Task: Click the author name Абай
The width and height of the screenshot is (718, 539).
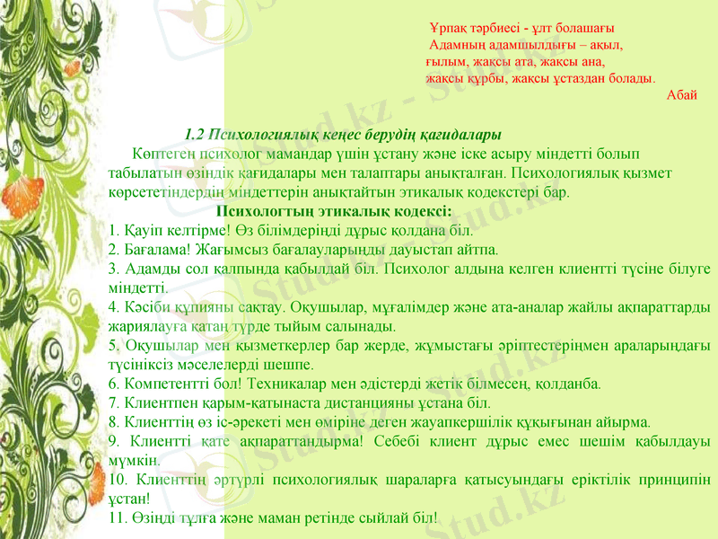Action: point(682,94)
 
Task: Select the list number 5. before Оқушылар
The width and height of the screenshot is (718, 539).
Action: point(111,345)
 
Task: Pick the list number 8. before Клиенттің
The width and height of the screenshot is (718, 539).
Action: point(111,421)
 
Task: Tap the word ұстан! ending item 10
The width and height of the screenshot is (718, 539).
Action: point(123,497)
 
